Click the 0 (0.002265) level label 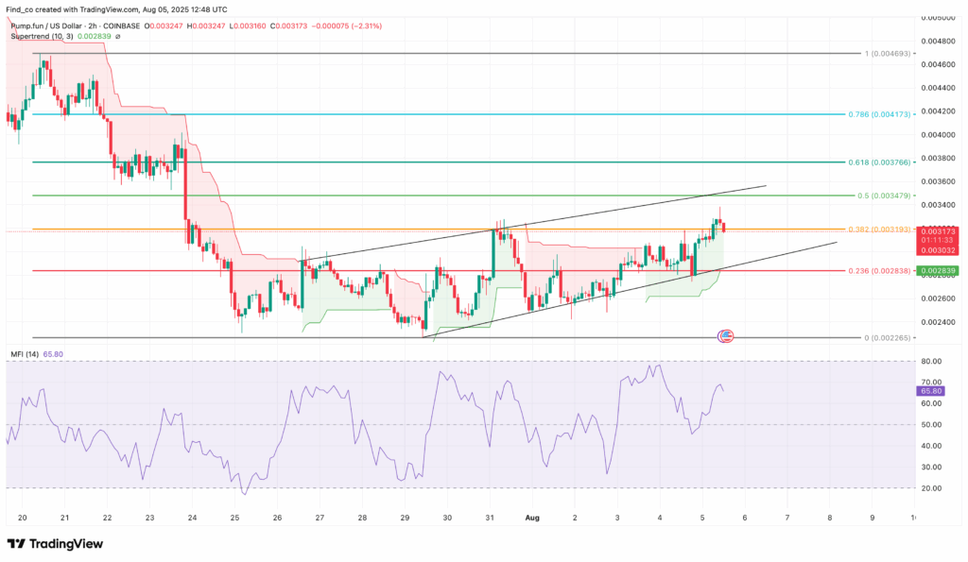[x=886, y=337]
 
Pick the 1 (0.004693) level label [x=887, y=53]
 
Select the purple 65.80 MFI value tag [x=930, y=389]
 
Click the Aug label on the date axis [x=530, y=518]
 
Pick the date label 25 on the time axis [x=234, y=518]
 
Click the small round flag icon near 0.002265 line [x=726, y=336]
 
